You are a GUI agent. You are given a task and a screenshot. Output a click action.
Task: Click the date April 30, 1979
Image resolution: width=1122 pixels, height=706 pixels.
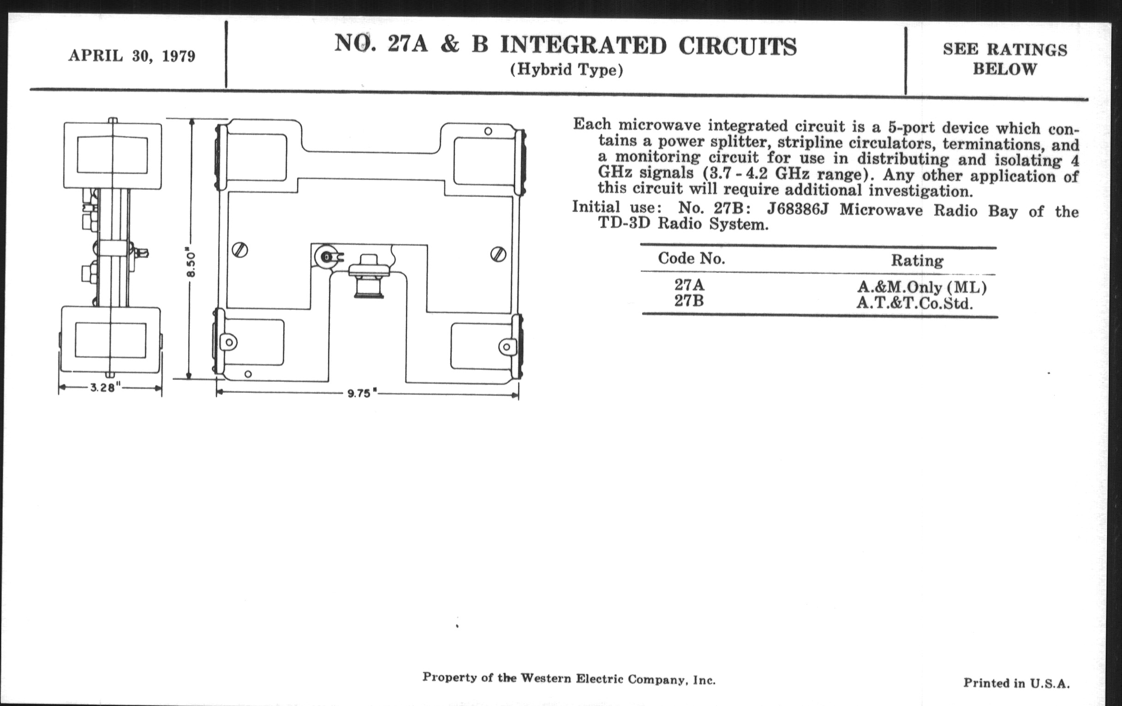tap(132, 56)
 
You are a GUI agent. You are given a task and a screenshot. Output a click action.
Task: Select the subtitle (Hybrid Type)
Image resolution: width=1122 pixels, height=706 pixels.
tap(566, 70)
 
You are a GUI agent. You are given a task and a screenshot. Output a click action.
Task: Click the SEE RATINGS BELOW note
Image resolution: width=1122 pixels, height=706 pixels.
tap(1004, 59)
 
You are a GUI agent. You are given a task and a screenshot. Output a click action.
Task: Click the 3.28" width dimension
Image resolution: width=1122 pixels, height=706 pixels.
tap(106, 388)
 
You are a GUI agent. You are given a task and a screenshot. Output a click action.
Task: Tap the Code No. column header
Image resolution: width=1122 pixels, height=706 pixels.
tap(691, 258)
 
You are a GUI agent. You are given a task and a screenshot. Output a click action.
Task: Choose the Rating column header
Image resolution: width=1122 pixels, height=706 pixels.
tap(917, 261)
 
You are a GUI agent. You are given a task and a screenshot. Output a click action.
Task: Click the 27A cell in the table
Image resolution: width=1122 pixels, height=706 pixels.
tap(689, 284)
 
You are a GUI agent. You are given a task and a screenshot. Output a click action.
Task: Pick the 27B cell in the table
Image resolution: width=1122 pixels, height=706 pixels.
tap(689, 301)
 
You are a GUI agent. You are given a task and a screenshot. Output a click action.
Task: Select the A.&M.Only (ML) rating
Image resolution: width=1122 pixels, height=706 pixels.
tap(922, 287)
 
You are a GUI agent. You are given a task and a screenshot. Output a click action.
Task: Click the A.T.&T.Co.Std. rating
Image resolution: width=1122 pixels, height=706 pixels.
tap(915, 304)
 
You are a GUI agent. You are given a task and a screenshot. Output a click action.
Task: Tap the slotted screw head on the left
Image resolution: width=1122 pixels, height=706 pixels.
tap(240, 251)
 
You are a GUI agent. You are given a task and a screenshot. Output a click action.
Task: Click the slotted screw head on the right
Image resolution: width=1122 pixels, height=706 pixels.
tap(498, 254)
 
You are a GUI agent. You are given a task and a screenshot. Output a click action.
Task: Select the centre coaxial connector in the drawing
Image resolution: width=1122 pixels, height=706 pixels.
tap(369, 277)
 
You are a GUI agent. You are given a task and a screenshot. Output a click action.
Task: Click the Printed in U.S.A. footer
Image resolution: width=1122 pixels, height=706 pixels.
tap(1016, 683)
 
